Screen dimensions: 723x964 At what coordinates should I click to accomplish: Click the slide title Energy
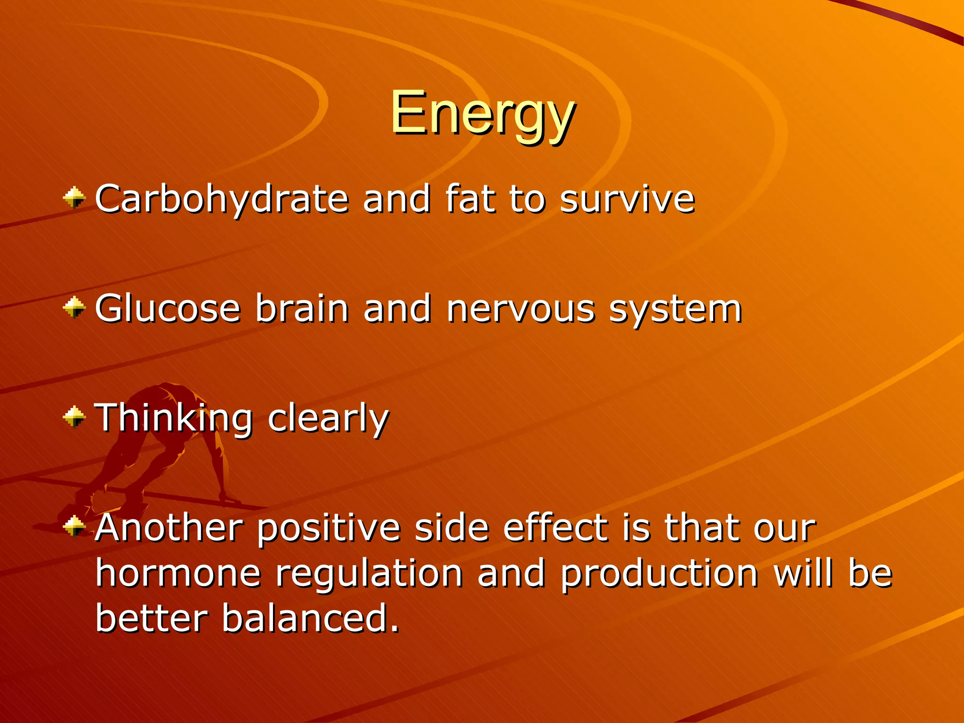coord(482,114)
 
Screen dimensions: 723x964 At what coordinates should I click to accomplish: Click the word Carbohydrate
coord(221,199)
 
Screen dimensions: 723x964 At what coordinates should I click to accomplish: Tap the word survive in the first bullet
coord(627,199)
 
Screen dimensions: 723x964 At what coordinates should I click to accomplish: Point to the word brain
coord(302,309)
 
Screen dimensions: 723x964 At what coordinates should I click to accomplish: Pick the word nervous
coord(520,309)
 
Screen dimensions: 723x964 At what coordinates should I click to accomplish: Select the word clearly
coord(328,418)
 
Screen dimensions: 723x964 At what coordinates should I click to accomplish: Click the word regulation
coord(369,575)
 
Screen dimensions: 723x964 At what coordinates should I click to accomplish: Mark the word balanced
coord(310,618)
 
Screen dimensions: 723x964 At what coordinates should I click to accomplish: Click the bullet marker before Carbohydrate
coord(74,198)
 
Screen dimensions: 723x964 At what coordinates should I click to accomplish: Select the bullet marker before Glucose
coord(74,308)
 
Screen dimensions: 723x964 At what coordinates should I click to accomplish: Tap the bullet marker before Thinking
coord(74,417)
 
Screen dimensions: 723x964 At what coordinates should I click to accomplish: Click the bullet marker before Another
coord(74,526)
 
